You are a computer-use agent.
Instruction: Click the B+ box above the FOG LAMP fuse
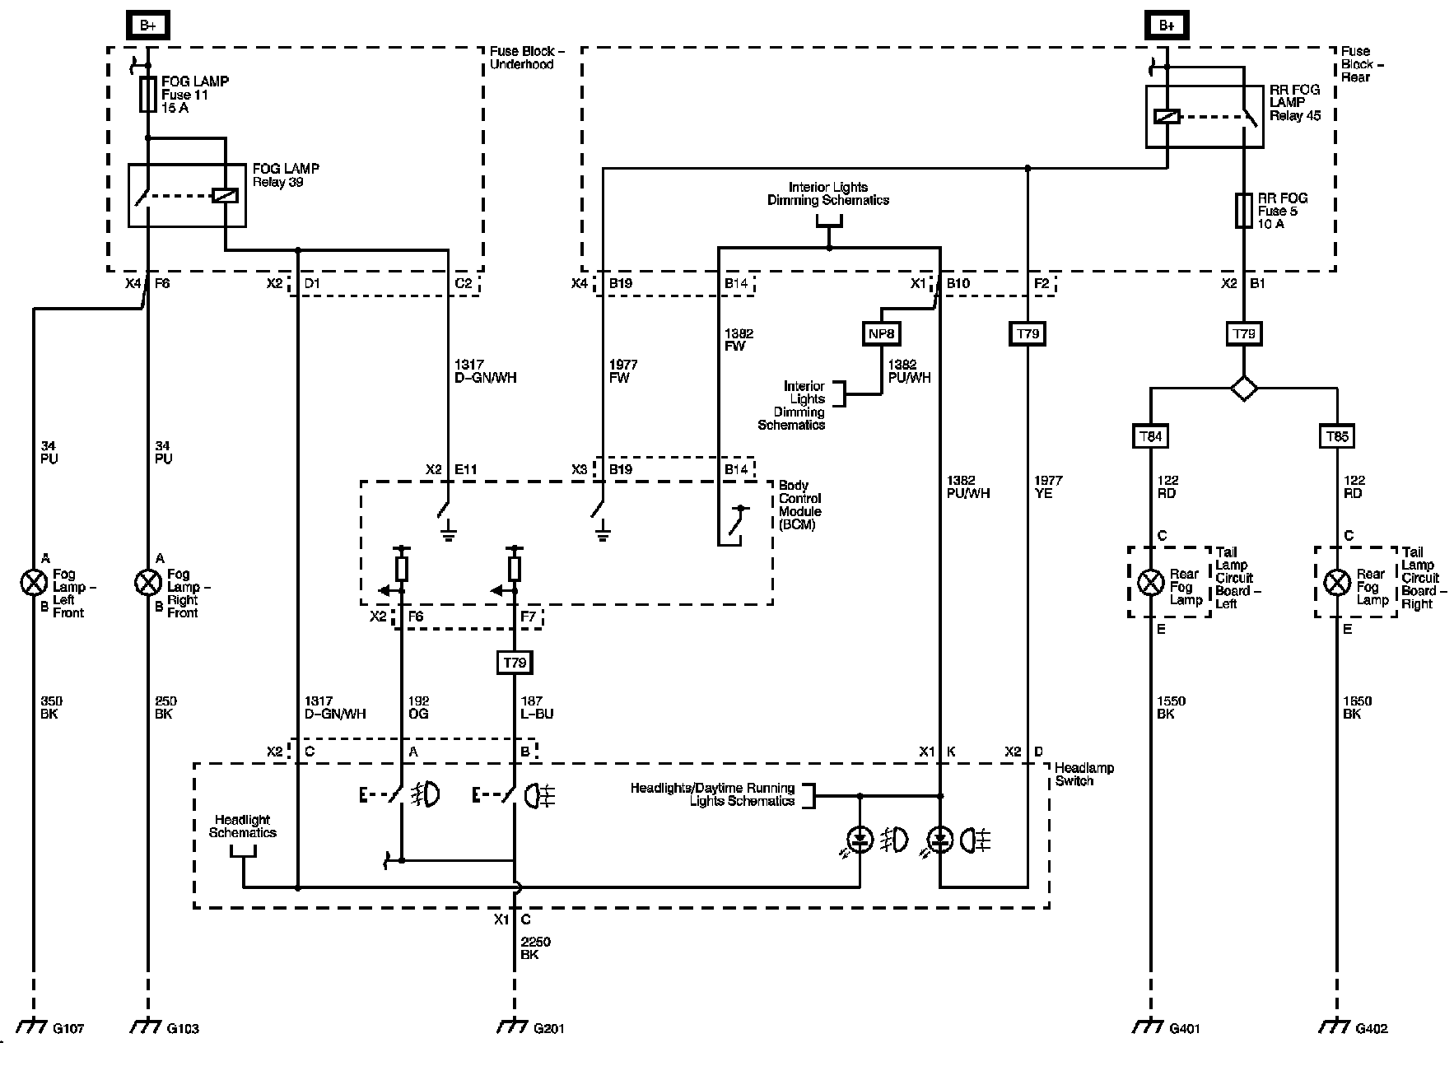148,26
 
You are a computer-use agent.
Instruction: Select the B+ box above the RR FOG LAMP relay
1167,26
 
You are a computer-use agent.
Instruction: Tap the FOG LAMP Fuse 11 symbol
148,95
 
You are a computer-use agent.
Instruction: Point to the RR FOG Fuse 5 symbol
1244,211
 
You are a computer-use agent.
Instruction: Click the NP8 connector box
881,333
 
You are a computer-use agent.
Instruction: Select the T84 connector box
1150,436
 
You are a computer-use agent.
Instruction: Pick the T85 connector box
1337,436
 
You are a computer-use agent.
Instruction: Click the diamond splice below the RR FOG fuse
1244,388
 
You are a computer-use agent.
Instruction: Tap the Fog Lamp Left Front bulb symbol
34,584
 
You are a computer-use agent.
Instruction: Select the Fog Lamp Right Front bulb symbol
148,584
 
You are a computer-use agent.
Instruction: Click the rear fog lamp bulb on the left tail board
1150,583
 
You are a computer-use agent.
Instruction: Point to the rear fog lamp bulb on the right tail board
1337,583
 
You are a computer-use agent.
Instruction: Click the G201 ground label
549,1028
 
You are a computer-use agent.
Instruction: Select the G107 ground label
68,1028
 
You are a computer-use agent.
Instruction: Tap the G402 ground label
1372,1028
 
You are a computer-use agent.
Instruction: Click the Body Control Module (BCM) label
799,505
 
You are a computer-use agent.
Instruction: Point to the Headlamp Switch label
1084,774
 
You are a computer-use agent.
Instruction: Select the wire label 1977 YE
1048,486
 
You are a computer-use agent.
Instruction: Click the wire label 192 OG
418,707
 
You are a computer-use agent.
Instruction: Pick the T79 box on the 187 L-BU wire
515,663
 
